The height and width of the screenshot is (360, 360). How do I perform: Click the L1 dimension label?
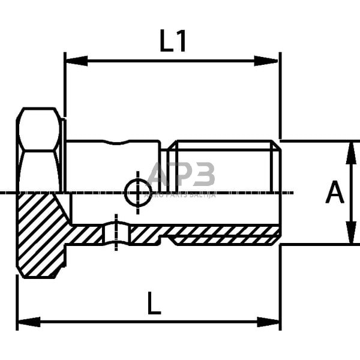[x=173, y=41]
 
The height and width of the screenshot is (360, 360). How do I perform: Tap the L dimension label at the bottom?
[x=154, y=305]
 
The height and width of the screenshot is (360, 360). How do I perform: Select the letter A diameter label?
[x=335, y=193]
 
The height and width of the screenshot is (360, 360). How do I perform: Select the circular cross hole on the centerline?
[x=137, y=193]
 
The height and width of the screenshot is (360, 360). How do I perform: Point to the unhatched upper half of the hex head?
[x=40, y=150]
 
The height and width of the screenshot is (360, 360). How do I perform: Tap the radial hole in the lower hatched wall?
[x=116, y=234]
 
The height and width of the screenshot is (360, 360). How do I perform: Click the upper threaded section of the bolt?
[x=225, y=165]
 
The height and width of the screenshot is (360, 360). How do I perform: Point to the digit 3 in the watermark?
[x=204, y=175]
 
